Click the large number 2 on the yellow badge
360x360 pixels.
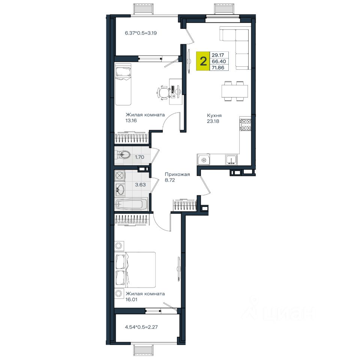(203, 61)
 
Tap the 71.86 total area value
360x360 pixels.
(218, 68)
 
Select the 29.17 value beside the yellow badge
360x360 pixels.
(217, 55)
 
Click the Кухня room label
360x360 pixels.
(214, 115)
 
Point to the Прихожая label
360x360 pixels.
(177, 174)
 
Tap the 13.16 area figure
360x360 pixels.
(131, 120)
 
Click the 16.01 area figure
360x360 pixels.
(131, 299)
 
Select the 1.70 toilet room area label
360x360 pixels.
(139, 157)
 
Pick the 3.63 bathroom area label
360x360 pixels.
(140, 184)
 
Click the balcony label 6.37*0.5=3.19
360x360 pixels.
(141, 33)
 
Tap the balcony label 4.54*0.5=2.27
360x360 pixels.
(141, 327)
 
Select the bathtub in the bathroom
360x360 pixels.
(131, 204)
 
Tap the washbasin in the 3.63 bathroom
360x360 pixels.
(120, 190)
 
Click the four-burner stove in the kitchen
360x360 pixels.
(245, 124)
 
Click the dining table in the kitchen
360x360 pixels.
(235, 91)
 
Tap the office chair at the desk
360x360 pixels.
(163, 93)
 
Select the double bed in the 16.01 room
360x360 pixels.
(135, 270)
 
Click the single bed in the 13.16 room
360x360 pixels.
(123, 84)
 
